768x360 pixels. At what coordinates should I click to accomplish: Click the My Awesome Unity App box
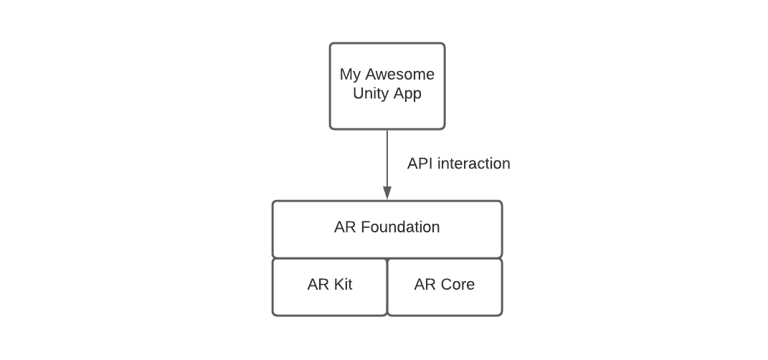pyautogui.click(x=387, y=115)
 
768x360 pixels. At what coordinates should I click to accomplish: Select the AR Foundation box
pyautogui.click(x=387, y=244)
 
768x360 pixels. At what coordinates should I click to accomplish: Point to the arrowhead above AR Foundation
pyautogui.click(x=387, y=192)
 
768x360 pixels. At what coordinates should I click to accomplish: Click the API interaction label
pyautogui.click(x=458, y=164)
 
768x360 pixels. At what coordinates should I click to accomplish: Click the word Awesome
pyautogui.click(x=400, y=75)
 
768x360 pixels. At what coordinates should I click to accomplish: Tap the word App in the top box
pyautogui.click(x=407, y=95)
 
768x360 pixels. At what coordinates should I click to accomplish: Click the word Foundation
pyautogui.click(x=400, y=227)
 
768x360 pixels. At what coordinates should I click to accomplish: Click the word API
pyautogui.click(x=419, y=164)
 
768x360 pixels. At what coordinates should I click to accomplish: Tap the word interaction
pyautogui.click(x=474, y=164)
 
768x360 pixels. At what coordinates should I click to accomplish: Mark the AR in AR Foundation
pyautogui.click(x=345, y=227)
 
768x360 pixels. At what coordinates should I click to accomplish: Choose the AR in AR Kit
pyautogui.click(x=318, y=285)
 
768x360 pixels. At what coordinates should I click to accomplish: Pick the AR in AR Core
pyautogui.click(x=425, y=285)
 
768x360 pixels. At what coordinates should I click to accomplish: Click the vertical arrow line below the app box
pyautogui.click(x=387, y=158)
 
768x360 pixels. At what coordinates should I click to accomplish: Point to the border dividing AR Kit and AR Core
pyautogui.click(x=387, y=287)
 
